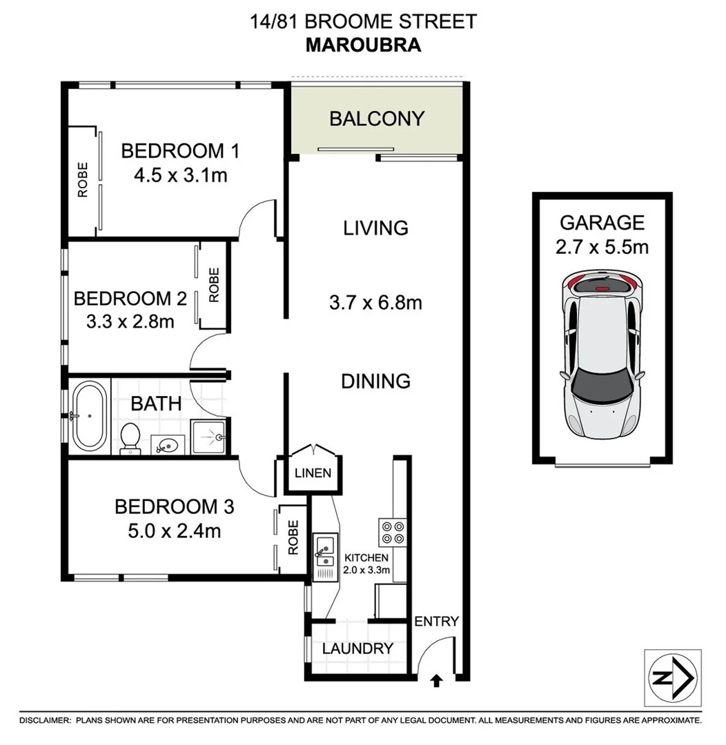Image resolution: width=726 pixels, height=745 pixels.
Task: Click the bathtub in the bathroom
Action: pyautogui.click(x=90, y=416)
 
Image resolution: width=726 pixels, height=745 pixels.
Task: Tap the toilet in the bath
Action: pyautogui.click(x=130, y=439)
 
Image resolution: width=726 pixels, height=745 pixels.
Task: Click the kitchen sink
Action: pyautogui.click(x=322, y=551)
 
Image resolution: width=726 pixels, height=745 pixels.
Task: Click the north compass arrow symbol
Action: pyautogui.click(x=673, y=678)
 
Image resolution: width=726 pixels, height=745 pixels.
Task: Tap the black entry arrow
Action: pyautogui.click(x=436, y=682)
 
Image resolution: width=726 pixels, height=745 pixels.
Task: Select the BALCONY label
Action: pyautogui.click(x=376, y=119)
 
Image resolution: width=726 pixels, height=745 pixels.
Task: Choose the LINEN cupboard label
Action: pyautogui.click(x=313, y=473)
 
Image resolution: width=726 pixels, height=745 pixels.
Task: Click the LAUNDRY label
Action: pyautogui.click(x=357, y=648)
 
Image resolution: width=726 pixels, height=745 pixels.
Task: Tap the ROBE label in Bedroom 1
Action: pyautogui.click(x=83, y=180)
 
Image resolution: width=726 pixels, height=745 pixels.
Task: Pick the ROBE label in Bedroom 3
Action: pyautogui.click(x=293, y=538)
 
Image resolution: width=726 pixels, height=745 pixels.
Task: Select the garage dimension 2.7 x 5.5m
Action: pyautogui.click(x=602, y=247)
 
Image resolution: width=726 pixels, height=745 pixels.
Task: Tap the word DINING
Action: pyautogui.click(x=376, y=381)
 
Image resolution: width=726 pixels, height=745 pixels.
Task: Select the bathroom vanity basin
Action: pyautogui.click(x=166, y=444)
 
